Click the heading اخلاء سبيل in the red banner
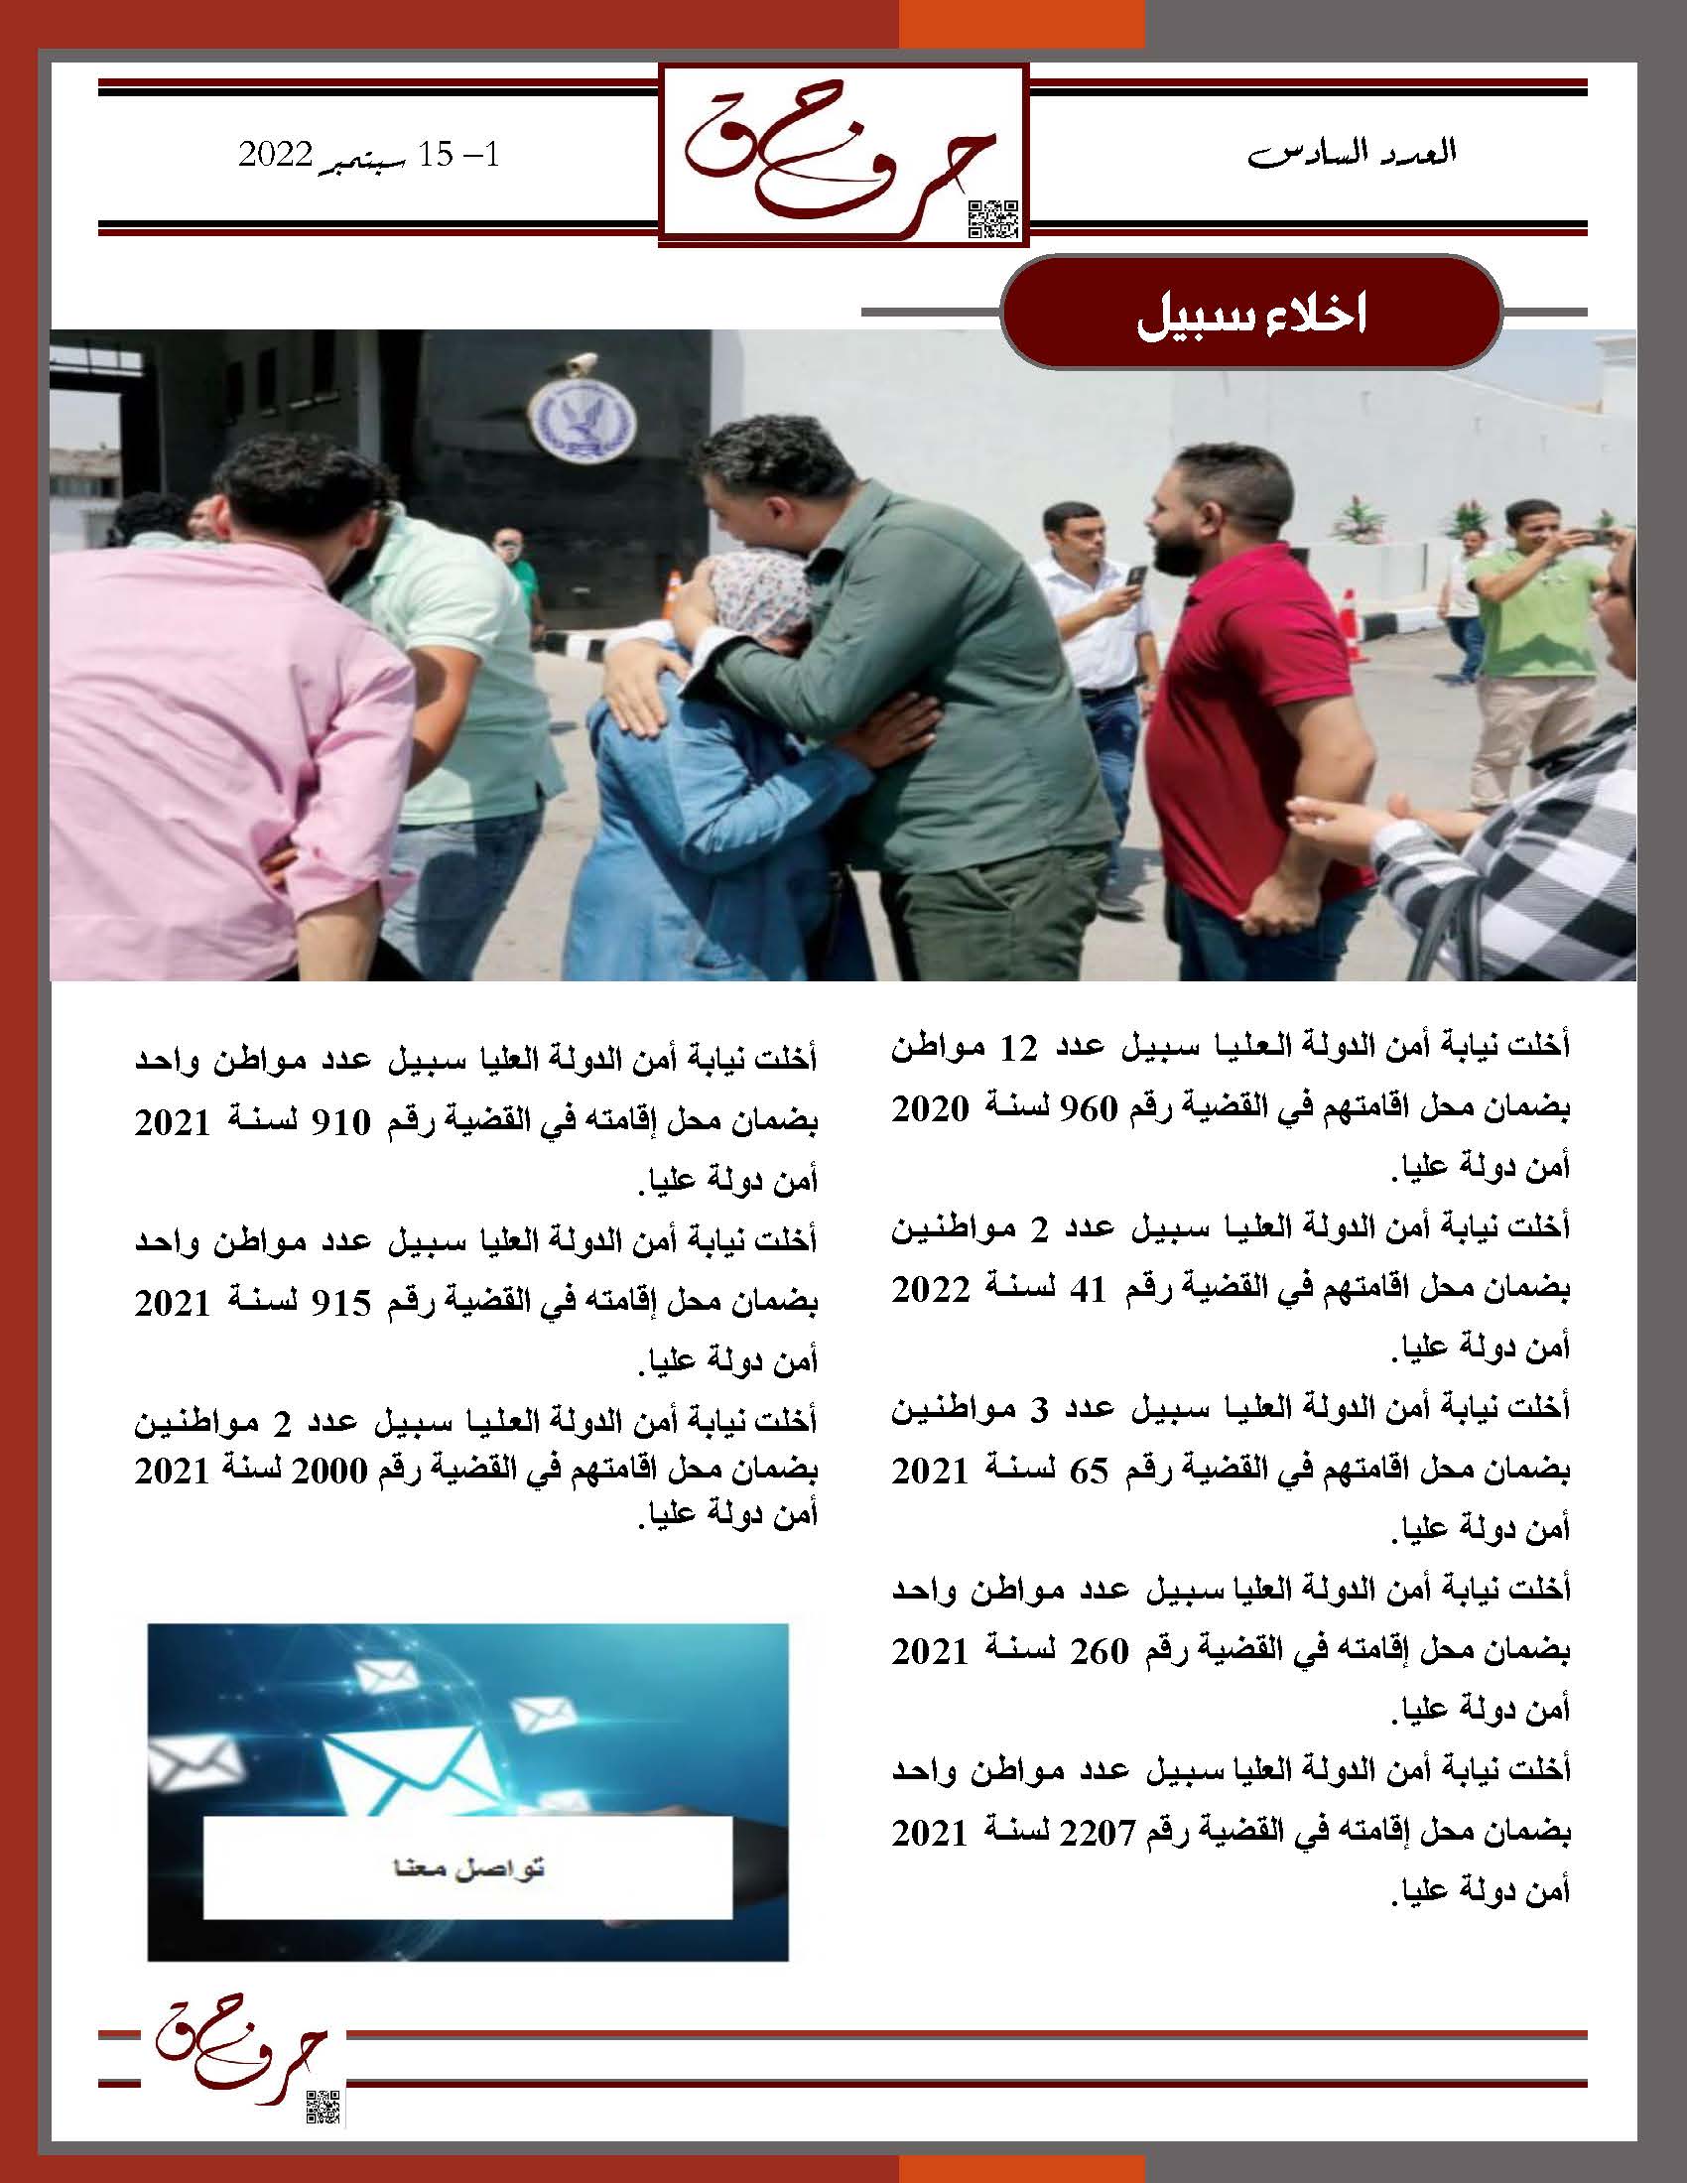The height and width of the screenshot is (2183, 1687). [x=1252, y=316]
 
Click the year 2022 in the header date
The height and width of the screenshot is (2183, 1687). [x=276, y=155]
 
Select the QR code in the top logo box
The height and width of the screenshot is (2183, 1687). [x=992, y=220]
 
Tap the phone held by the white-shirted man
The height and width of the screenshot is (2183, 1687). [x=1136, y=577]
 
